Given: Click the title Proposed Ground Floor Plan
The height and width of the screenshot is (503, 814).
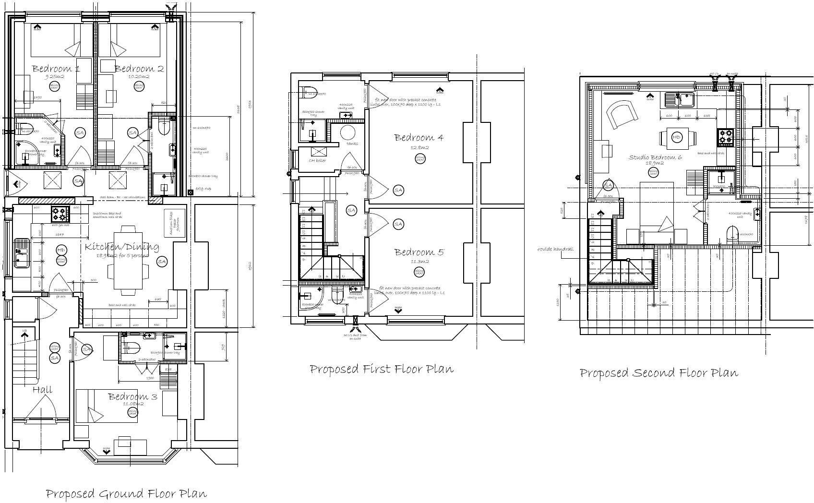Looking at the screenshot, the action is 126,493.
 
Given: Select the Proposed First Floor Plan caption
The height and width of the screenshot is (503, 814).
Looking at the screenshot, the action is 382,369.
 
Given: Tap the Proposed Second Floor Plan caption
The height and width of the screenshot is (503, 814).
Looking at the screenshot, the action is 658,373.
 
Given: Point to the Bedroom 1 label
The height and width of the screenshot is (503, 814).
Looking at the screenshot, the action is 56,69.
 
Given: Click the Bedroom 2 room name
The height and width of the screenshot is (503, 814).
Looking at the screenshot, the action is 139,69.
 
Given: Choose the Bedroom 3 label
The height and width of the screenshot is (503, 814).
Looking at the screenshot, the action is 132,396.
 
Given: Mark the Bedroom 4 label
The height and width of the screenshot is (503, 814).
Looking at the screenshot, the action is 419,138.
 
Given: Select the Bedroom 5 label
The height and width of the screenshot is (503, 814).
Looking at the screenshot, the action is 419,252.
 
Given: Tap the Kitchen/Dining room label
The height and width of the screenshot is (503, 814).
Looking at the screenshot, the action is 122,247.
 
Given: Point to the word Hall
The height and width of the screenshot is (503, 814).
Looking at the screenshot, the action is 42,390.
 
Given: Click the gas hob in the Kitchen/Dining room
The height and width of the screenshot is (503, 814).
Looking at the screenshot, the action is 60,212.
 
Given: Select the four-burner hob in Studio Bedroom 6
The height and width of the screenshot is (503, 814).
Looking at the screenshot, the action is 725,137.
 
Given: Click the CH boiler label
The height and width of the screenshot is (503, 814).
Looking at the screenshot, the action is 317,160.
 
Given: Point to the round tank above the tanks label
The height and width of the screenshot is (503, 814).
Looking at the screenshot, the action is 347,132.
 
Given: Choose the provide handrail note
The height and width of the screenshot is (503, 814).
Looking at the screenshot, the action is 555,249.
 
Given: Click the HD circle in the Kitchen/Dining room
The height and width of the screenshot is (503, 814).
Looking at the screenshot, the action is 61,251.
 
